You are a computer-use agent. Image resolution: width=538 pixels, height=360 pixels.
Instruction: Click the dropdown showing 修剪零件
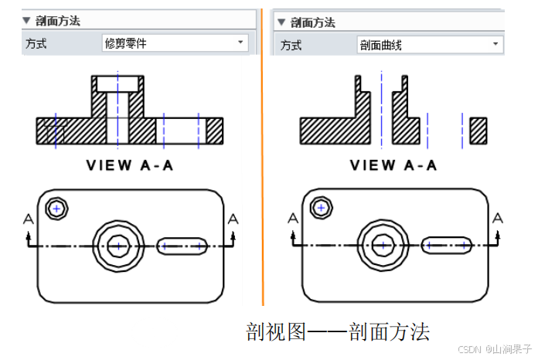point(175,43)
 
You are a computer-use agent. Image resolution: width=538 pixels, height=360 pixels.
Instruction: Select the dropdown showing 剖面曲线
point(430,45)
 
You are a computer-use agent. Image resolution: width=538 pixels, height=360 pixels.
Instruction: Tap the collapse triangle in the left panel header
point(26,21)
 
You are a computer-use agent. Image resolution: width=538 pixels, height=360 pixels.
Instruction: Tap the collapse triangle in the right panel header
point(281,22)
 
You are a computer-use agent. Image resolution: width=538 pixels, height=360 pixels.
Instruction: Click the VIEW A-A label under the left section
point(129,165)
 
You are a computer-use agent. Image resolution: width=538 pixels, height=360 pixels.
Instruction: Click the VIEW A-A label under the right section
point(393,165)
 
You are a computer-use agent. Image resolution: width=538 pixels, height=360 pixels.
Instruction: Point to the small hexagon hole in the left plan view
point(56,208)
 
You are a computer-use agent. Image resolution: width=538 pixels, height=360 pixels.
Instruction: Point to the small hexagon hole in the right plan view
point(320,208)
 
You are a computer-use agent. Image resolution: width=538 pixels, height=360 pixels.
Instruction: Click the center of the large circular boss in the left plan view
point(117,246)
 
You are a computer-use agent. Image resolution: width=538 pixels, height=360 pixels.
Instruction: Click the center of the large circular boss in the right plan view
point(381,246)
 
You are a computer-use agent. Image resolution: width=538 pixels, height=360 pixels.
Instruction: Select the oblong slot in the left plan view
point(182,246)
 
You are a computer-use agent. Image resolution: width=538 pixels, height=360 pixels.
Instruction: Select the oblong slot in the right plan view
point(446,246)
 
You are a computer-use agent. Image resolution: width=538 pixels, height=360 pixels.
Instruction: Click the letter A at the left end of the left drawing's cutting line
point(29,219)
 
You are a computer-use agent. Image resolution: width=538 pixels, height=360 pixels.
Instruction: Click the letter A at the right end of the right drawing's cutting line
point(498,218)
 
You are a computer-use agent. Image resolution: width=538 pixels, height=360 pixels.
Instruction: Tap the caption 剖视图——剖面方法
point(338,332)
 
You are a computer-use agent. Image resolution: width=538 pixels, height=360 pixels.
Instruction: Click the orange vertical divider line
point(263,155)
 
